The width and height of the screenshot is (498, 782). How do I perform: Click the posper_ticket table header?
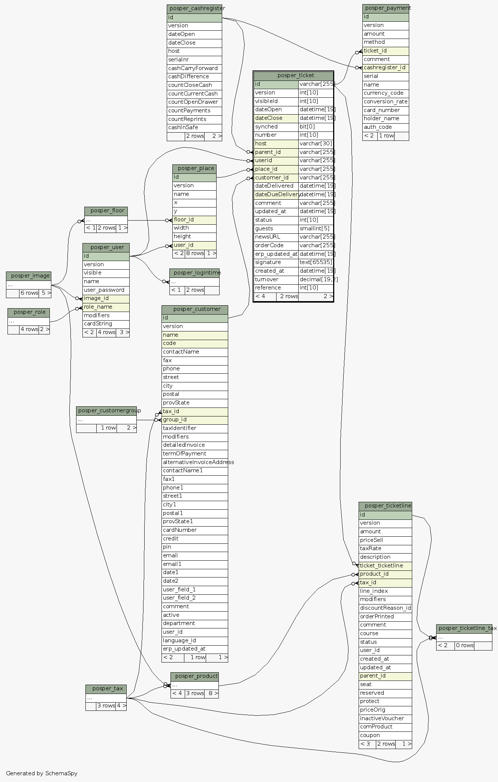[293, 76]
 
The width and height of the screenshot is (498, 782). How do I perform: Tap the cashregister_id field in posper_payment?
[385, 68]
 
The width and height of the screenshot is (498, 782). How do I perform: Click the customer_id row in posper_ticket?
[276, 178]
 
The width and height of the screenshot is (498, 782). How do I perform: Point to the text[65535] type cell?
[316, 263]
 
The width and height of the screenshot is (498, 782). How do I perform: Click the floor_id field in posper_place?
[194, 220]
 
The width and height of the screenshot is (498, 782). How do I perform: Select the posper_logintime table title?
[194, 273]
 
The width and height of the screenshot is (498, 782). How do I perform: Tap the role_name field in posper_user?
[106, 307]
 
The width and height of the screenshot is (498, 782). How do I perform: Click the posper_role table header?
[29, 312]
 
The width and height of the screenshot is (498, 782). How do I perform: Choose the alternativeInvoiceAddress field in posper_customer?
[194, 463]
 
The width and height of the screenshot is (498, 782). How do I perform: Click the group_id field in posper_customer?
[194, 420]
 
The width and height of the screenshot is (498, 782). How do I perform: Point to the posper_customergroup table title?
[106, 410]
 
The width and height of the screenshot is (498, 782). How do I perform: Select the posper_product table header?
[194, 676]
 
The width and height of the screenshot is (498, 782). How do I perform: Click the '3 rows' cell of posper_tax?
[106, 706]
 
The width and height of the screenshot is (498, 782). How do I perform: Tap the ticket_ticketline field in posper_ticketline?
[385, 566]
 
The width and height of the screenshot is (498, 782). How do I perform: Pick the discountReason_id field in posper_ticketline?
[385, 608]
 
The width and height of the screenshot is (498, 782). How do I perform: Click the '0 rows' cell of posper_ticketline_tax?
[464, 646]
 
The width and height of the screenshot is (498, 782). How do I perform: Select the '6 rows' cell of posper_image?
[29, 293]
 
